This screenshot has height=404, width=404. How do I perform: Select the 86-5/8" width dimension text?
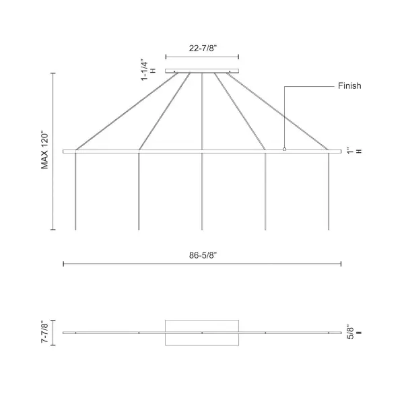(202, 255)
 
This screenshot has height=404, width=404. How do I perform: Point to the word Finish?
(349, 86)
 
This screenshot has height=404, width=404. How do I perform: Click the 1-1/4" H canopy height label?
(148, 69)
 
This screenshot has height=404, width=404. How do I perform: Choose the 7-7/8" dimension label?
(45, 333)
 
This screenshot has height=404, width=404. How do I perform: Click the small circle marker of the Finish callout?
(284, 149)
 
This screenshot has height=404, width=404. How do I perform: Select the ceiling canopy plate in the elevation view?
(202, 71)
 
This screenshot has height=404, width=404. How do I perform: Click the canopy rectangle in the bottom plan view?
(202, 333)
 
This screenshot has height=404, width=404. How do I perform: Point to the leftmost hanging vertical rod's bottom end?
(75, 229)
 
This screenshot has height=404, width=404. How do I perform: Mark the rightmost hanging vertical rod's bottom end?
(329, 229)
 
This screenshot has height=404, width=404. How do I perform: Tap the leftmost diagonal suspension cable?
(128, 111)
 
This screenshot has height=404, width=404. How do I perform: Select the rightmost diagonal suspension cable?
(277, 111)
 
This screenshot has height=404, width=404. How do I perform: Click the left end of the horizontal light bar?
(64, 151)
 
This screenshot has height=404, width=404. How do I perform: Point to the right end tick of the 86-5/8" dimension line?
(341, 264)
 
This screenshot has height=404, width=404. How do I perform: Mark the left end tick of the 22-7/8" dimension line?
(166, 57)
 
